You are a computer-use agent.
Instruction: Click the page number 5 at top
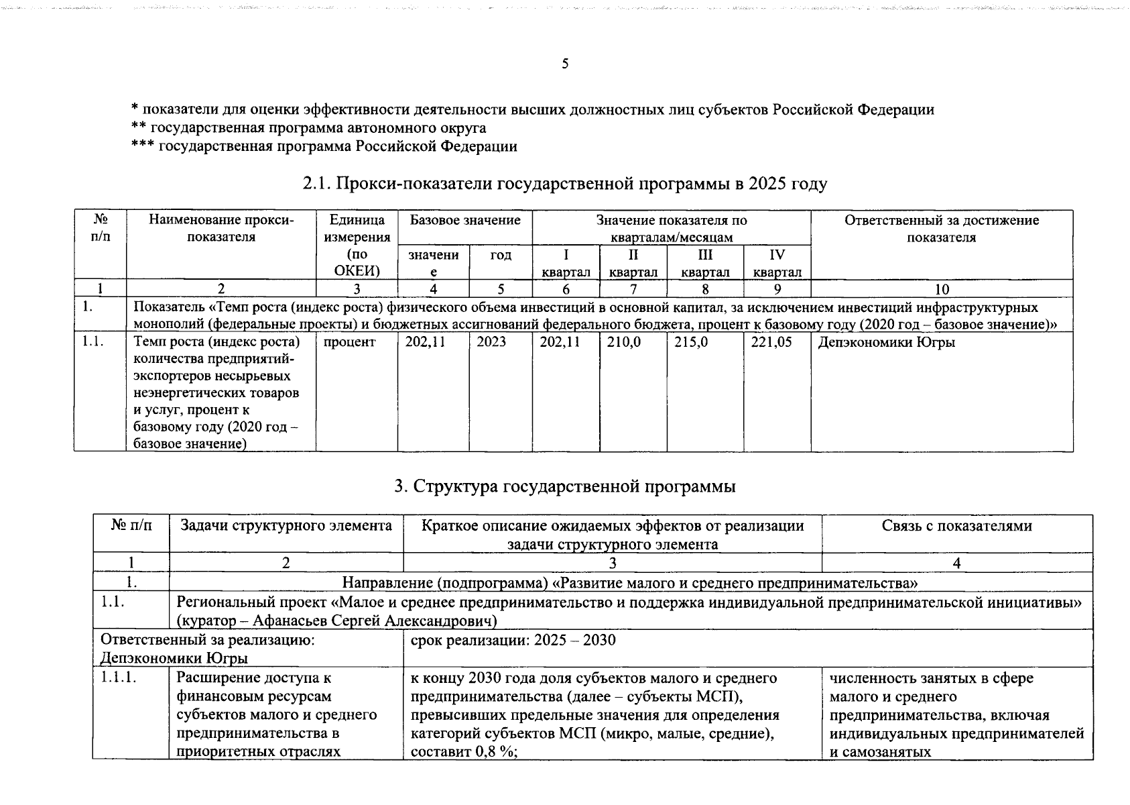pos(564,64)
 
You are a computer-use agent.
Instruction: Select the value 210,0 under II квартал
pos(623,342)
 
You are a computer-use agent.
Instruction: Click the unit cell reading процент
pos(349,342)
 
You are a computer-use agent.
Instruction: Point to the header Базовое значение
pos(464,221)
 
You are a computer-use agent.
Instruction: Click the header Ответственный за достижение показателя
pos(941,229)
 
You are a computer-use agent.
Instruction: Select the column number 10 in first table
pos(941,290)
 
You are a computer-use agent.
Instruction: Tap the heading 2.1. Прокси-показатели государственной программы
pos(564,184)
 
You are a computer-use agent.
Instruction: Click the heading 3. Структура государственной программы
pos(564,486)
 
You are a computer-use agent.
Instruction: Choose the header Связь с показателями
pos(956,526)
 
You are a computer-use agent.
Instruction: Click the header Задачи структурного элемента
pos(286,526)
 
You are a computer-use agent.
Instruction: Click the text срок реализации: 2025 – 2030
pos(513,640)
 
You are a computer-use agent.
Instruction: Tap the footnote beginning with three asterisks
pos(324,146)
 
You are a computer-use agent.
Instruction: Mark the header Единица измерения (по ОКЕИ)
pos(357,246)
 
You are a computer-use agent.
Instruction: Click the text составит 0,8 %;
pos(465,751)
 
